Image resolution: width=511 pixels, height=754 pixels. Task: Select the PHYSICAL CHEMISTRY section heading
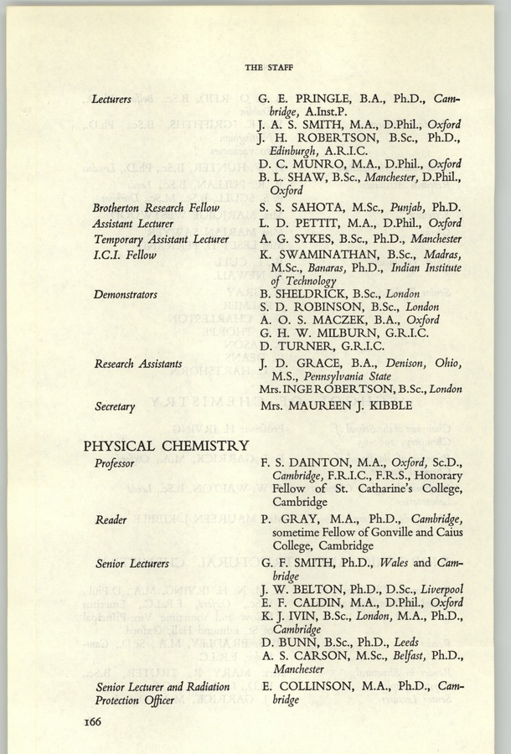click(x=166, y=445)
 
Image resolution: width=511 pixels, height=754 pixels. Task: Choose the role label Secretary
click(x=115, y=406)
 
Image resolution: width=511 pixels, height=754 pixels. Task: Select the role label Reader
click(x=111, y=519)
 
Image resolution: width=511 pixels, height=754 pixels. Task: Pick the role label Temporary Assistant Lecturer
click(x=162, y=239)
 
